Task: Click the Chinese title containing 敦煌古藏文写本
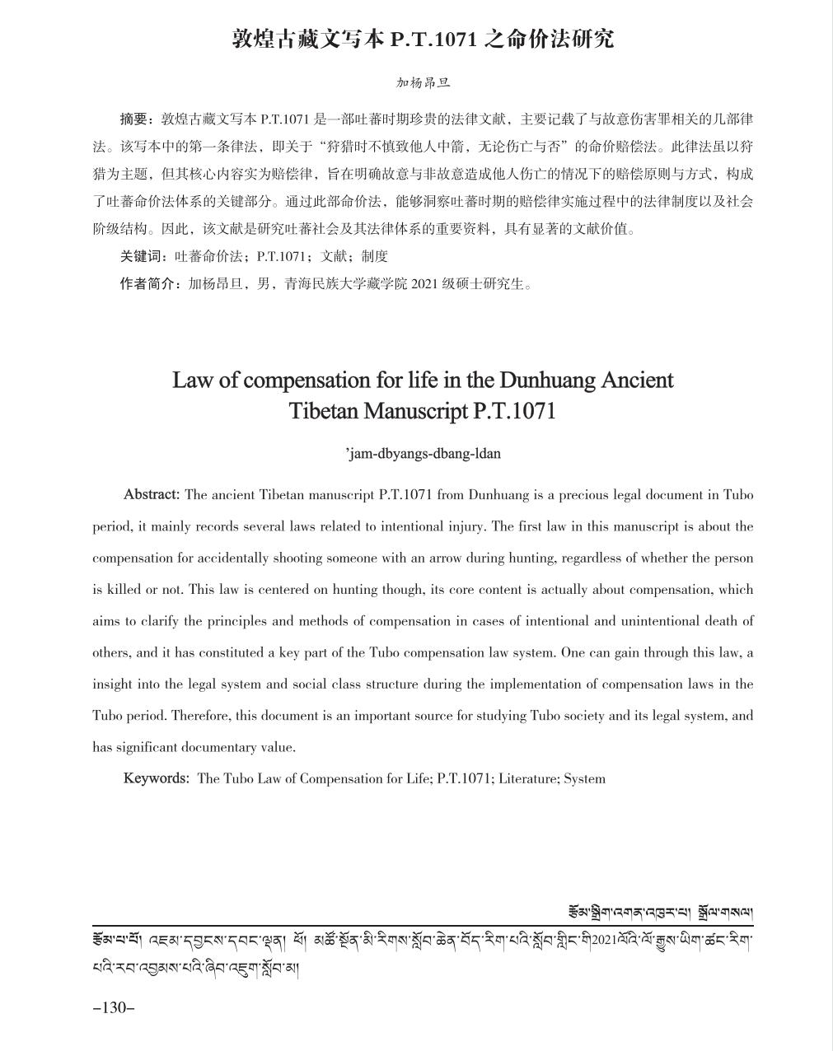coord(422,39)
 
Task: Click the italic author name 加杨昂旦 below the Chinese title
coord(423,82)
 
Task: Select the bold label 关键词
coord(140,256)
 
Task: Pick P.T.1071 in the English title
coord(515,410)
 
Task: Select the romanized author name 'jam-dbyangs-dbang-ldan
coord(423,453)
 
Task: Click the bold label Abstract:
coord(151,495)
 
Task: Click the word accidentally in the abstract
coord(230,558)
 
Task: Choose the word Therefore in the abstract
coord(201,716)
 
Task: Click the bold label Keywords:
coord(156,778)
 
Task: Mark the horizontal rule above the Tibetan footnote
coord(422,927)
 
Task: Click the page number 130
coord(113,1007)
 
